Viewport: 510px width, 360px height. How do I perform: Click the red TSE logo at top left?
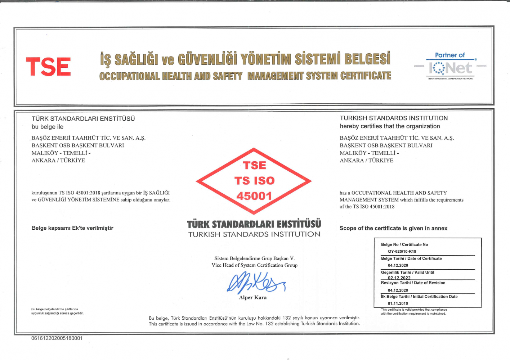click(x=48, y=67)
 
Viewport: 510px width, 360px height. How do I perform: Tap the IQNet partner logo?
click(x=450, y=67)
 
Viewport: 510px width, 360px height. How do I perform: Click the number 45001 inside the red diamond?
click(x=254, y=196)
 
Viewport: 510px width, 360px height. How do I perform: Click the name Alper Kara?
click(x=253, y=297)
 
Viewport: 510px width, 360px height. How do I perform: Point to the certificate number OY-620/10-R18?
click(x=402, y=251)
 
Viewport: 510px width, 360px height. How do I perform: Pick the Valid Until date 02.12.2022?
click(x=399, y=278)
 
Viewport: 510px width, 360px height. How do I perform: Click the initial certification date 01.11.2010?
click(x=398, y=303)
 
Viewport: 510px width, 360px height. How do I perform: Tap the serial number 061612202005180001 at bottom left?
click(x=57, y=338)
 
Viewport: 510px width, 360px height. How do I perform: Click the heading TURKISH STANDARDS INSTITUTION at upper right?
click(x=394, y=118)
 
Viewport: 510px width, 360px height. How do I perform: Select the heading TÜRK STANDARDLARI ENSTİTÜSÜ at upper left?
click(x=83, y=118)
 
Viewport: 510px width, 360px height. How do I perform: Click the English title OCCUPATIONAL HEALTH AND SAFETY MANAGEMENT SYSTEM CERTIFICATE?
click(x=245, y=76)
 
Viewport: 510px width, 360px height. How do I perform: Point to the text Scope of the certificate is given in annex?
click(x=393, y=228)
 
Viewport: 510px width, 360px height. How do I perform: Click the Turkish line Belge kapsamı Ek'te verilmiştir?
click(x=72, y=228)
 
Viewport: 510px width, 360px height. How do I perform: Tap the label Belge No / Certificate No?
click(x=404, y=244)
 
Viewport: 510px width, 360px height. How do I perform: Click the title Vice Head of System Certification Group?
click(x=255, y=265)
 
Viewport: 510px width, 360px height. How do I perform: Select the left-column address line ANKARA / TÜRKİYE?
click(x=58, y=161)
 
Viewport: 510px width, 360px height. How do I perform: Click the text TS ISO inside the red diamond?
click(x=254, y=180)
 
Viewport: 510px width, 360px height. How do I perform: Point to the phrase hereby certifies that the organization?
click(x=390, y=126)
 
